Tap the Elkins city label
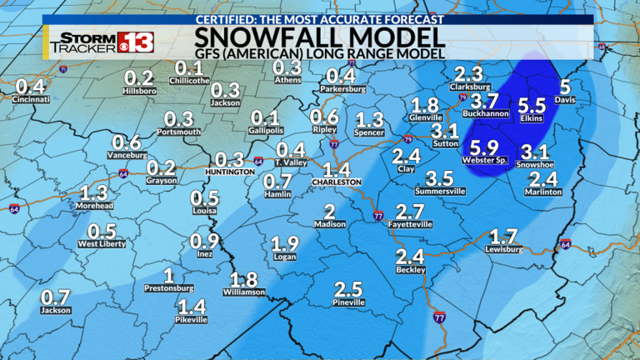(x=531, y=119)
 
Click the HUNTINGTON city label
(x=229, y=172)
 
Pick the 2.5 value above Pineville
(x=348, y=289)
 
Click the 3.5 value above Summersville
(x=438, y=177)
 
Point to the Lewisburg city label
(x=505, y=249)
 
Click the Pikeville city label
(x=192, y=319)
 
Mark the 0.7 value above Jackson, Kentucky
(x=55, y=297)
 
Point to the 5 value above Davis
(x=565, y=87)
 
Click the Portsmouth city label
(x=179, y=132)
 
